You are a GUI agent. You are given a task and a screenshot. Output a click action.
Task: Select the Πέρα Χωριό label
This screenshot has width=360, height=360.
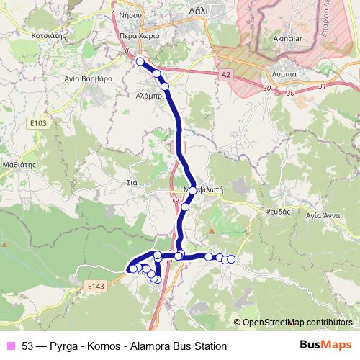(138, 35)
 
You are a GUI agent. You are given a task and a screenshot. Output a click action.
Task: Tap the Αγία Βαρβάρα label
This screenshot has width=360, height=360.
(87, 79)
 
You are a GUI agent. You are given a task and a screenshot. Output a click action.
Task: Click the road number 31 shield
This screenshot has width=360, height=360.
(321, 86)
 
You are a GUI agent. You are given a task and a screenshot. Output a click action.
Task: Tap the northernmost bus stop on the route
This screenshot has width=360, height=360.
(141, 62)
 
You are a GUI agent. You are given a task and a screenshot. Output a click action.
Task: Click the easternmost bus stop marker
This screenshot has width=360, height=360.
(231, 259)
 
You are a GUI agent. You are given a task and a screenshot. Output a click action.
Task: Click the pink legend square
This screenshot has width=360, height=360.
(11, 346)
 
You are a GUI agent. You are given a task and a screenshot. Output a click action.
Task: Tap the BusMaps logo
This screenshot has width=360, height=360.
(325, 346)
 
